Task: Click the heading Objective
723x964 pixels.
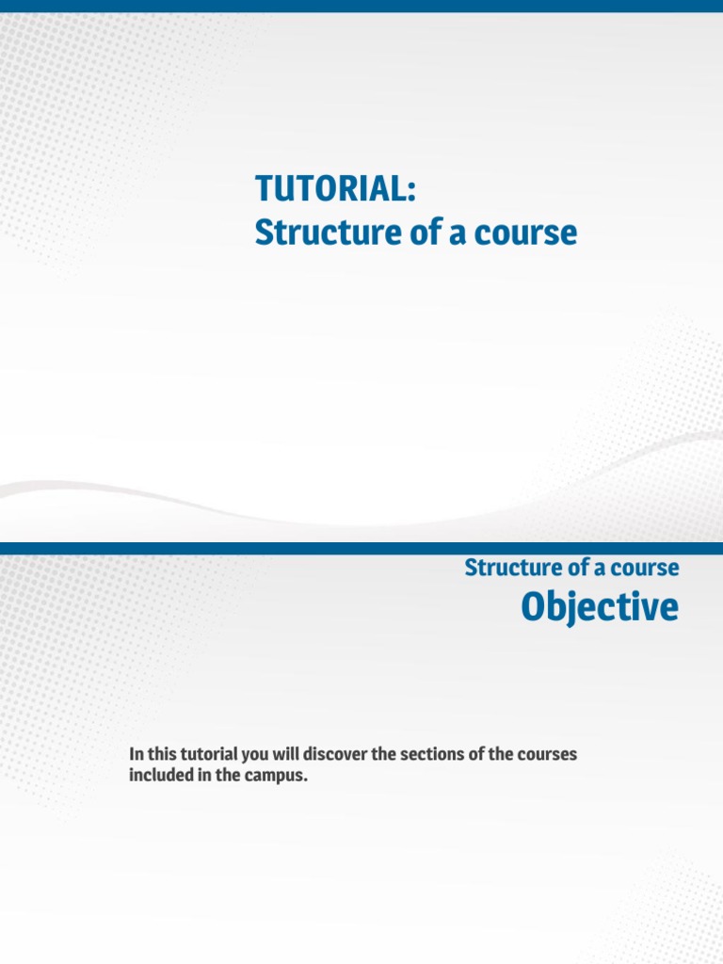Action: point(599,608)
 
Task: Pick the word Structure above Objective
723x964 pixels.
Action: point(507,568)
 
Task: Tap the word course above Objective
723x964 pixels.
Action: point(646,568)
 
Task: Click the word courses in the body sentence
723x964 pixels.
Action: point(548,755)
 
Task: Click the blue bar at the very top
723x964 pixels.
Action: point(361,7)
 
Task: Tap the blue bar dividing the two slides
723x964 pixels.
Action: point(361,548)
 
